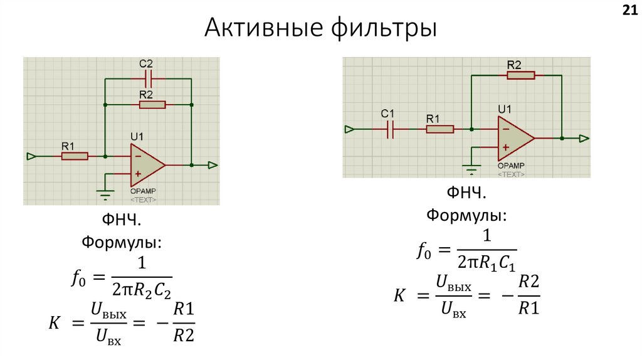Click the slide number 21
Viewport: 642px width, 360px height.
pyautogui.click(x=629, y=10)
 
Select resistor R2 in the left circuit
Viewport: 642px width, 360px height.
pyautogui.click(x=152, y=105)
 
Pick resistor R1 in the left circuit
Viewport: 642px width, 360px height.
pyautogui.click(x=75, y=156)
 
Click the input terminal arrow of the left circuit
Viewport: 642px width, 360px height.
pyautogui.click(x=31, y=156)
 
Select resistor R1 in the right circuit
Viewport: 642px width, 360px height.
pyautogui.click(x=439, y=129)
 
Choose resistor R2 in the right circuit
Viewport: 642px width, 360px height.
pyautogui.click(x=521, y=75)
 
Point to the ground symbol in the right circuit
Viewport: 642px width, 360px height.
pyautogui.click(x=471, y=167)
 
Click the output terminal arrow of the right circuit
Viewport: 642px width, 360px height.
pyautogui.click(x=584, y=138)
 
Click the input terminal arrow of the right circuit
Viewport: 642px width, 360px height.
pyautogui.click(x=349, y=129)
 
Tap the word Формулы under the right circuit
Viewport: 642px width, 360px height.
pyautogui.click(x=467, y=215)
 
